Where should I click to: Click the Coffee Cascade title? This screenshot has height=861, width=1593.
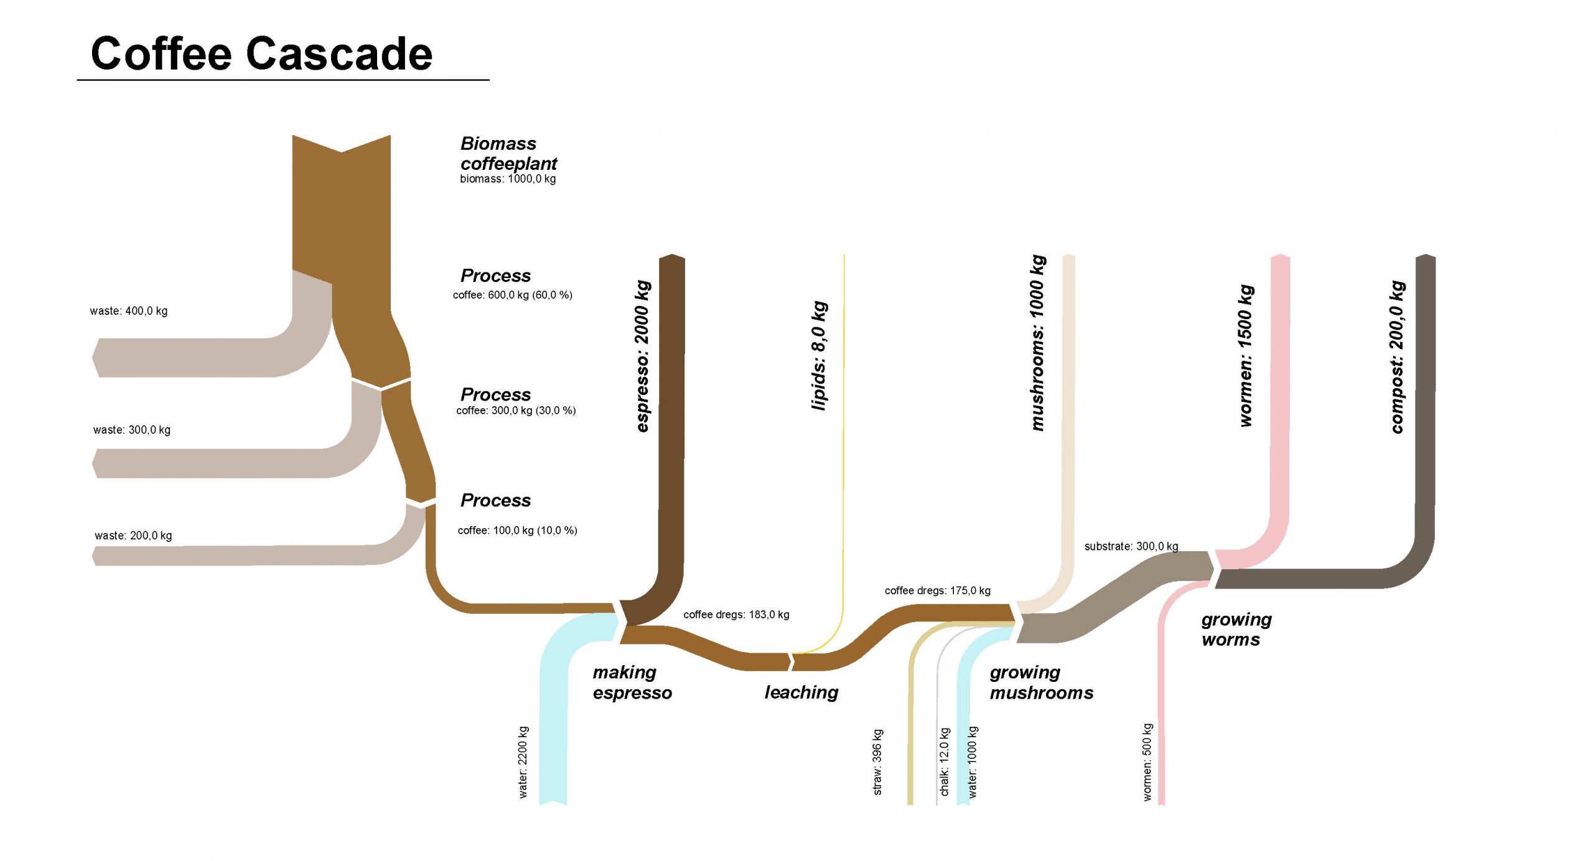point(261,54)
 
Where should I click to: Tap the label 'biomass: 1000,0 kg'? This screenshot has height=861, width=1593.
point(508,179)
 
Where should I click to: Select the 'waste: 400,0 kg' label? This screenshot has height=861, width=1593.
point(129,311)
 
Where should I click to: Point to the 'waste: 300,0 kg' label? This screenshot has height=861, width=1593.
point(132,430)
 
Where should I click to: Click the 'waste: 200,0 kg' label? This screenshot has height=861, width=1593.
point(133,536)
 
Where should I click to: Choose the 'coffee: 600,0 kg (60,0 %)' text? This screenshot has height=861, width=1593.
point(512,295)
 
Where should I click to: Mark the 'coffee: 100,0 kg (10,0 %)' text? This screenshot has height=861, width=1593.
point(517,531)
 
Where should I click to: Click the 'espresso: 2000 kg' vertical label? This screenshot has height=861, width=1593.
point(642,356)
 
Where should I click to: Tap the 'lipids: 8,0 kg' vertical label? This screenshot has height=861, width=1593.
point(820,356)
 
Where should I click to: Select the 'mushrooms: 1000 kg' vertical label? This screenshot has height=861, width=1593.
point(1037,343)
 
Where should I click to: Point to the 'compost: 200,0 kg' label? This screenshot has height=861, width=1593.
point(1397,357)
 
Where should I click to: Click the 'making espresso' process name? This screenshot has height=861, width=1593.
point(632,682)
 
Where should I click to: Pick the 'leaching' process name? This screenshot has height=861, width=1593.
point(801,692)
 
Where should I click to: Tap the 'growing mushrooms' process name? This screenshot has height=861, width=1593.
point(1041,682)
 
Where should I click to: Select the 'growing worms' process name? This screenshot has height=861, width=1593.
point(1236,630)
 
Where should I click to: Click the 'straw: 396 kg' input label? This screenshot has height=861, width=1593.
point(877,762)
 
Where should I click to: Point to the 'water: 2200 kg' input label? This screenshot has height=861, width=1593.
point(523,762)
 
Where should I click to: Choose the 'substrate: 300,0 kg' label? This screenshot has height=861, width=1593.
point(1131,547)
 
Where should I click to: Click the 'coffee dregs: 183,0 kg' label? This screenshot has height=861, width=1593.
point(736,615)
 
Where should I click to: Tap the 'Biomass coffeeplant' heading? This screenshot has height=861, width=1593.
point(508,154)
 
